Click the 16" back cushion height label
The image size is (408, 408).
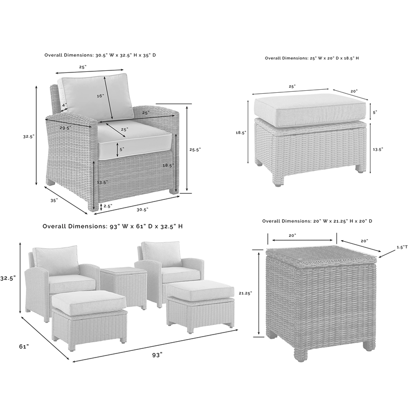(99, 95)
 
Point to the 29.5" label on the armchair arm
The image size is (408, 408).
(65, 127)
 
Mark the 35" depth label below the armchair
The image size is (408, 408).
(54, 200)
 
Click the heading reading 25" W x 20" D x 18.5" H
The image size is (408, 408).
(312, 58)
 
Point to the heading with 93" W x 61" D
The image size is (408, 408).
(113, 226)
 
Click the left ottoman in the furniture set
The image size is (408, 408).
(90, 316)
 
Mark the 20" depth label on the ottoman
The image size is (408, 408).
(354, 91)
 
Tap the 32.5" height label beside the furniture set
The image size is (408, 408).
(8, 278)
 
